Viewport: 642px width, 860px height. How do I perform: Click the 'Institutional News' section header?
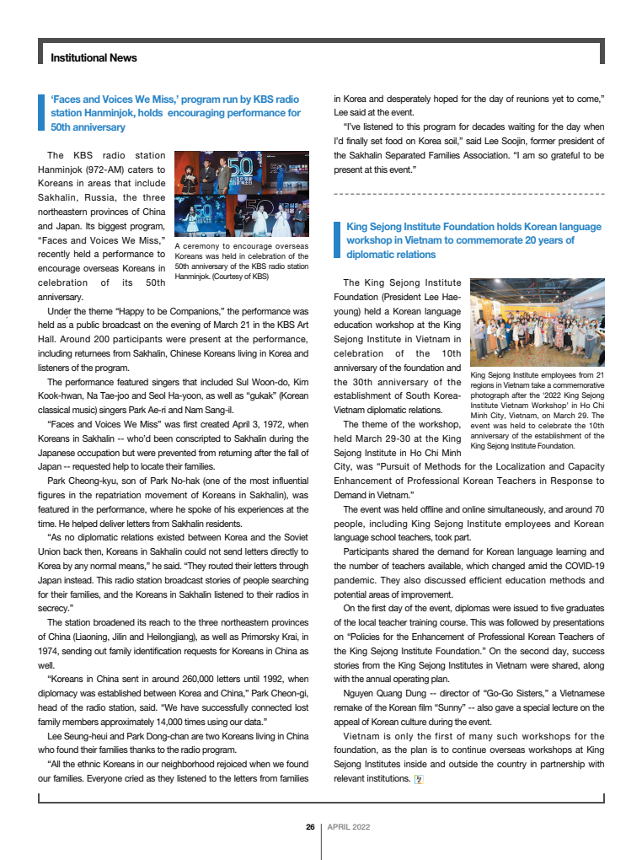tap(94, 58)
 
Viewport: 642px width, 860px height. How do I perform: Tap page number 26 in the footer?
tap(310, 827)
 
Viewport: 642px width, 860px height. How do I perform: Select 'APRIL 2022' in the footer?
tap(349, 827)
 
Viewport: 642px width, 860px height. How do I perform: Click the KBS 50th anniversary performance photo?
tap(240, 194)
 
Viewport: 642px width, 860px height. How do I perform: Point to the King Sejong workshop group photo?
tap(537, 323)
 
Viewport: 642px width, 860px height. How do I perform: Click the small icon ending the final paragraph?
tap(419, 779)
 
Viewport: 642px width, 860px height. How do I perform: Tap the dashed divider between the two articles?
tap(468, 194)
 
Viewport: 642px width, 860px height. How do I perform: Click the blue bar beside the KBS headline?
tap(41, 114)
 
